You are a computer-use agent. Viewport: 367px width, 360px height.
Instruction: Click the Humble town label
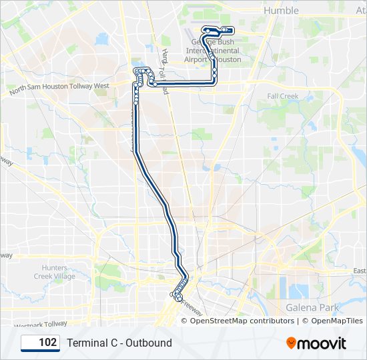(282, 11)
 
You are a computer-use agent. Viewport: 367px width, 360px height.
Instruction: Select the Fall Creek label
(283, 96)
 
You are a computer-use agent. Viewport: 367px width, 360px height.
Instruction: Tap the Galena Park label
(312, 307)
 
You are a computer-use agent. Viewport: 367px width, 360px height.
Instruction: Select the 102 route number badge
(39, 343)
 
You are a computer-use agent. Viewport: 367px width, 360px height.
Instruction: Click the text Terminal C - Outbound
(119, 343)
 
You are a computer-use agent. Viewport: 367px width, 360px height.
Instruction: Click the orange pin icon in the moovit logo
(292, 343)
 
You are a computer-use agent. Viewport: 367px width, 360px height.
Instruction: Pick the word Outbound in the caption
(149, 343)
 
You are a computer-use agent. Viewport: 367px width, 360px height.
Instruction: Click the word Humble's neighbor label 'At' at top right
(360, 11)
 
